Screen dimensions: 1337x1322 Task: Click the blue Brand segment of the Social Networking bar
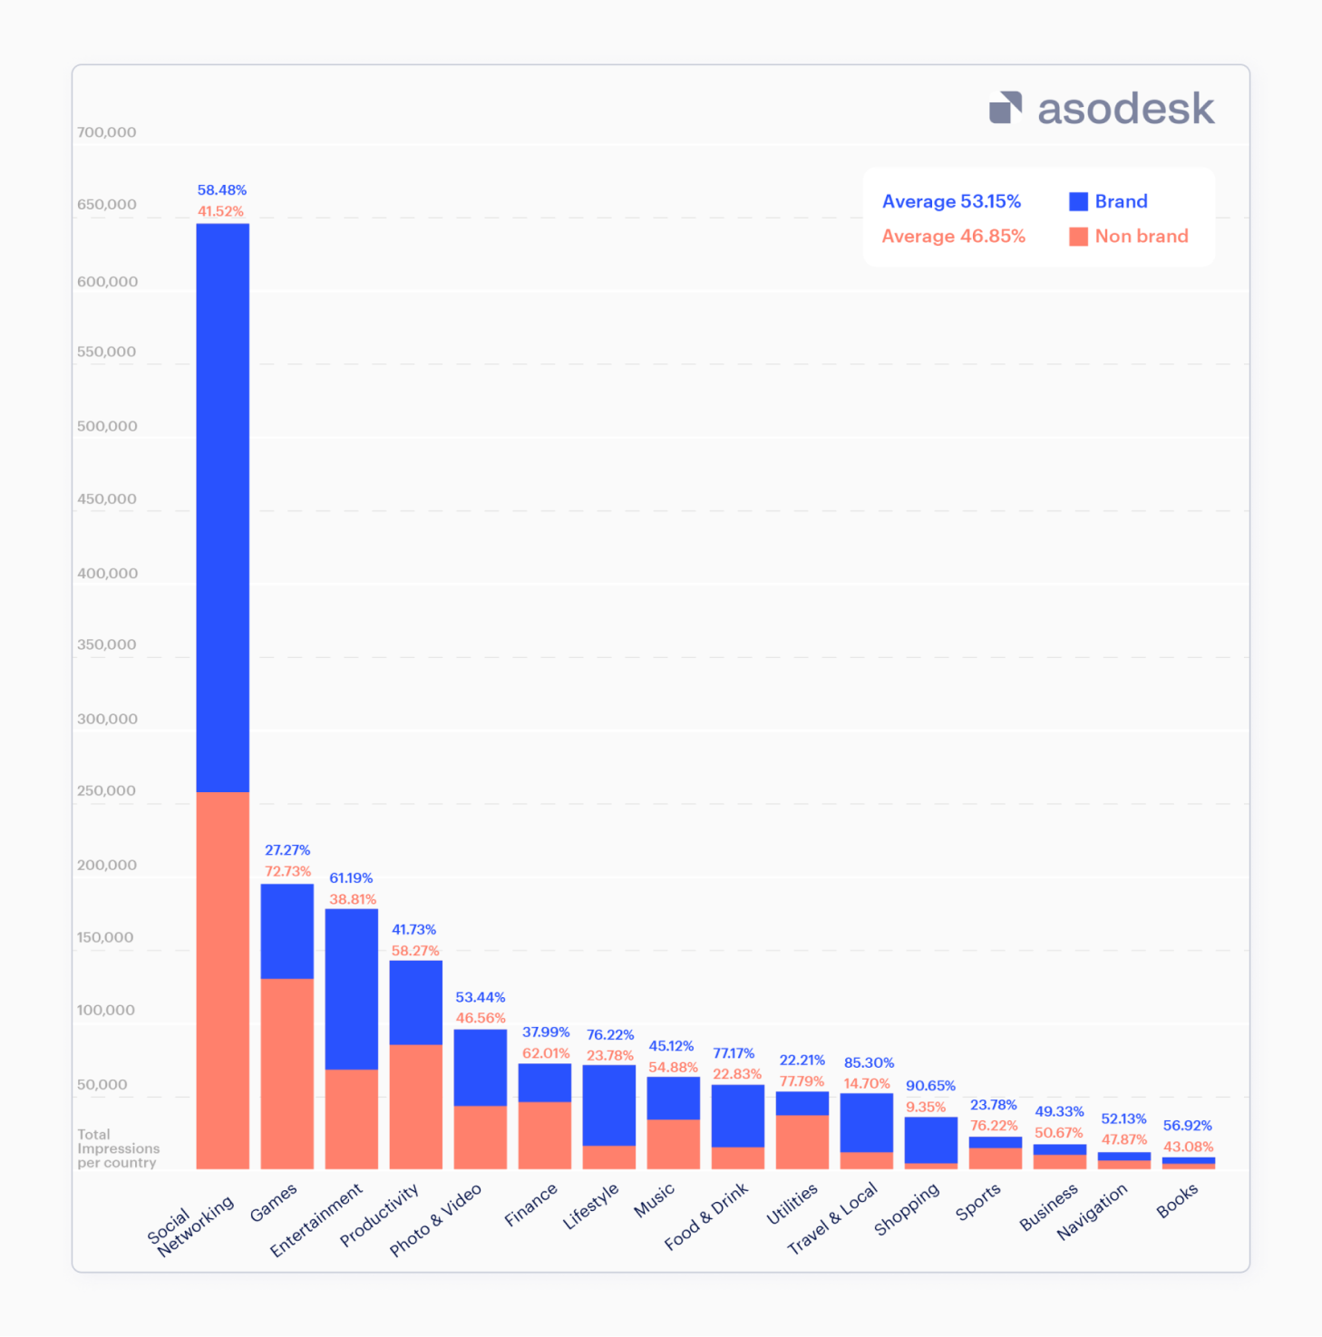point(222,508)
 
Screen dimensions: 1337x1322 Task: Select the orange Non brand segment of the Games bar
point(287,1073)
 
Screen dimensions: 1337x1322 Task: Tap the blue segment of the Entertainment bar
point(351,989)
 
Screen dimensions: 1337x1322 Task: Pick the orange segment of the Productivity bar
point(415,1106)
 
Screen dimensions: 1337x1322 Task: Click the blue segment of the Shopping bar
point(930,1139)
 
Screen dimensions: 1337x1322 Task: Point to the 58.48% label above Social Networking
point(222,190)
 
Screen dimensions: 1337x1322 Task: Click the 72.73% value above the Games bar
point(287,871)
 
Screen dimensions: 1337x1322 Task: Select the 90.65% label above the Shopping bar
point(930,1086)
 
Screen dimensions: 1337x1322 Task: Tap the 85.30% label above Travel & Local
point(869,1062)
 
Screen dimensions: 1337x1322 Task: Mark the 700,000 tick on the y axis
point(107,132)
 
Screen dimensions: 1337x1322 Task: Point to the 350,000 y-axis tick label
point(107,645)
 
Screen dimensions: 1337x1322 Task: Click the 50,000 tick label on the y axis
point(102,1085)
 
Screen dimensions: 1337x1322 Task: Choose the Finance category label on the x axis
point(530,1206)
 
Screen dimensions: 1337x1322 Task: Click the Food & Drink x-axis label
point(706,1216)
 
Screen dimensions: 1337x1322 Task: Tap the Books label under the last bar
point(1177,1202)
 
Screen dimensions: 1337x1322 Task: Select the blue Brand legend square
point(1078,201)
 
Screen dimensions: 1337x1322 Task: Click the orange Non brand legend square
point(1078,237)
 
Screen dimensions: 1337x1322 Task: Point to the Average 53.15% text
point(951,201)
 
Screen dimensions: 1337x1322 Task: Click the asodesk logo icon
point(1005,108)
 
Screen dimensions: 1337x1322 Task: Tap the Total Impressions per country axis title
point(118,1148)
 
